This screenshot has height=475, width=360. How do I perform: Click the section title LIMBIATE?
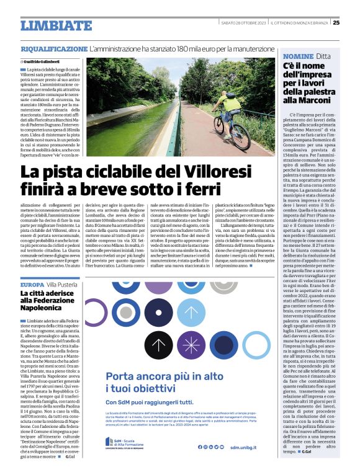(56, 25)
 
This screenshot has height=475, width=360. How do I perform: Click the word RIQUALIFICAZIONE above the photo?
(54, 48)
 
